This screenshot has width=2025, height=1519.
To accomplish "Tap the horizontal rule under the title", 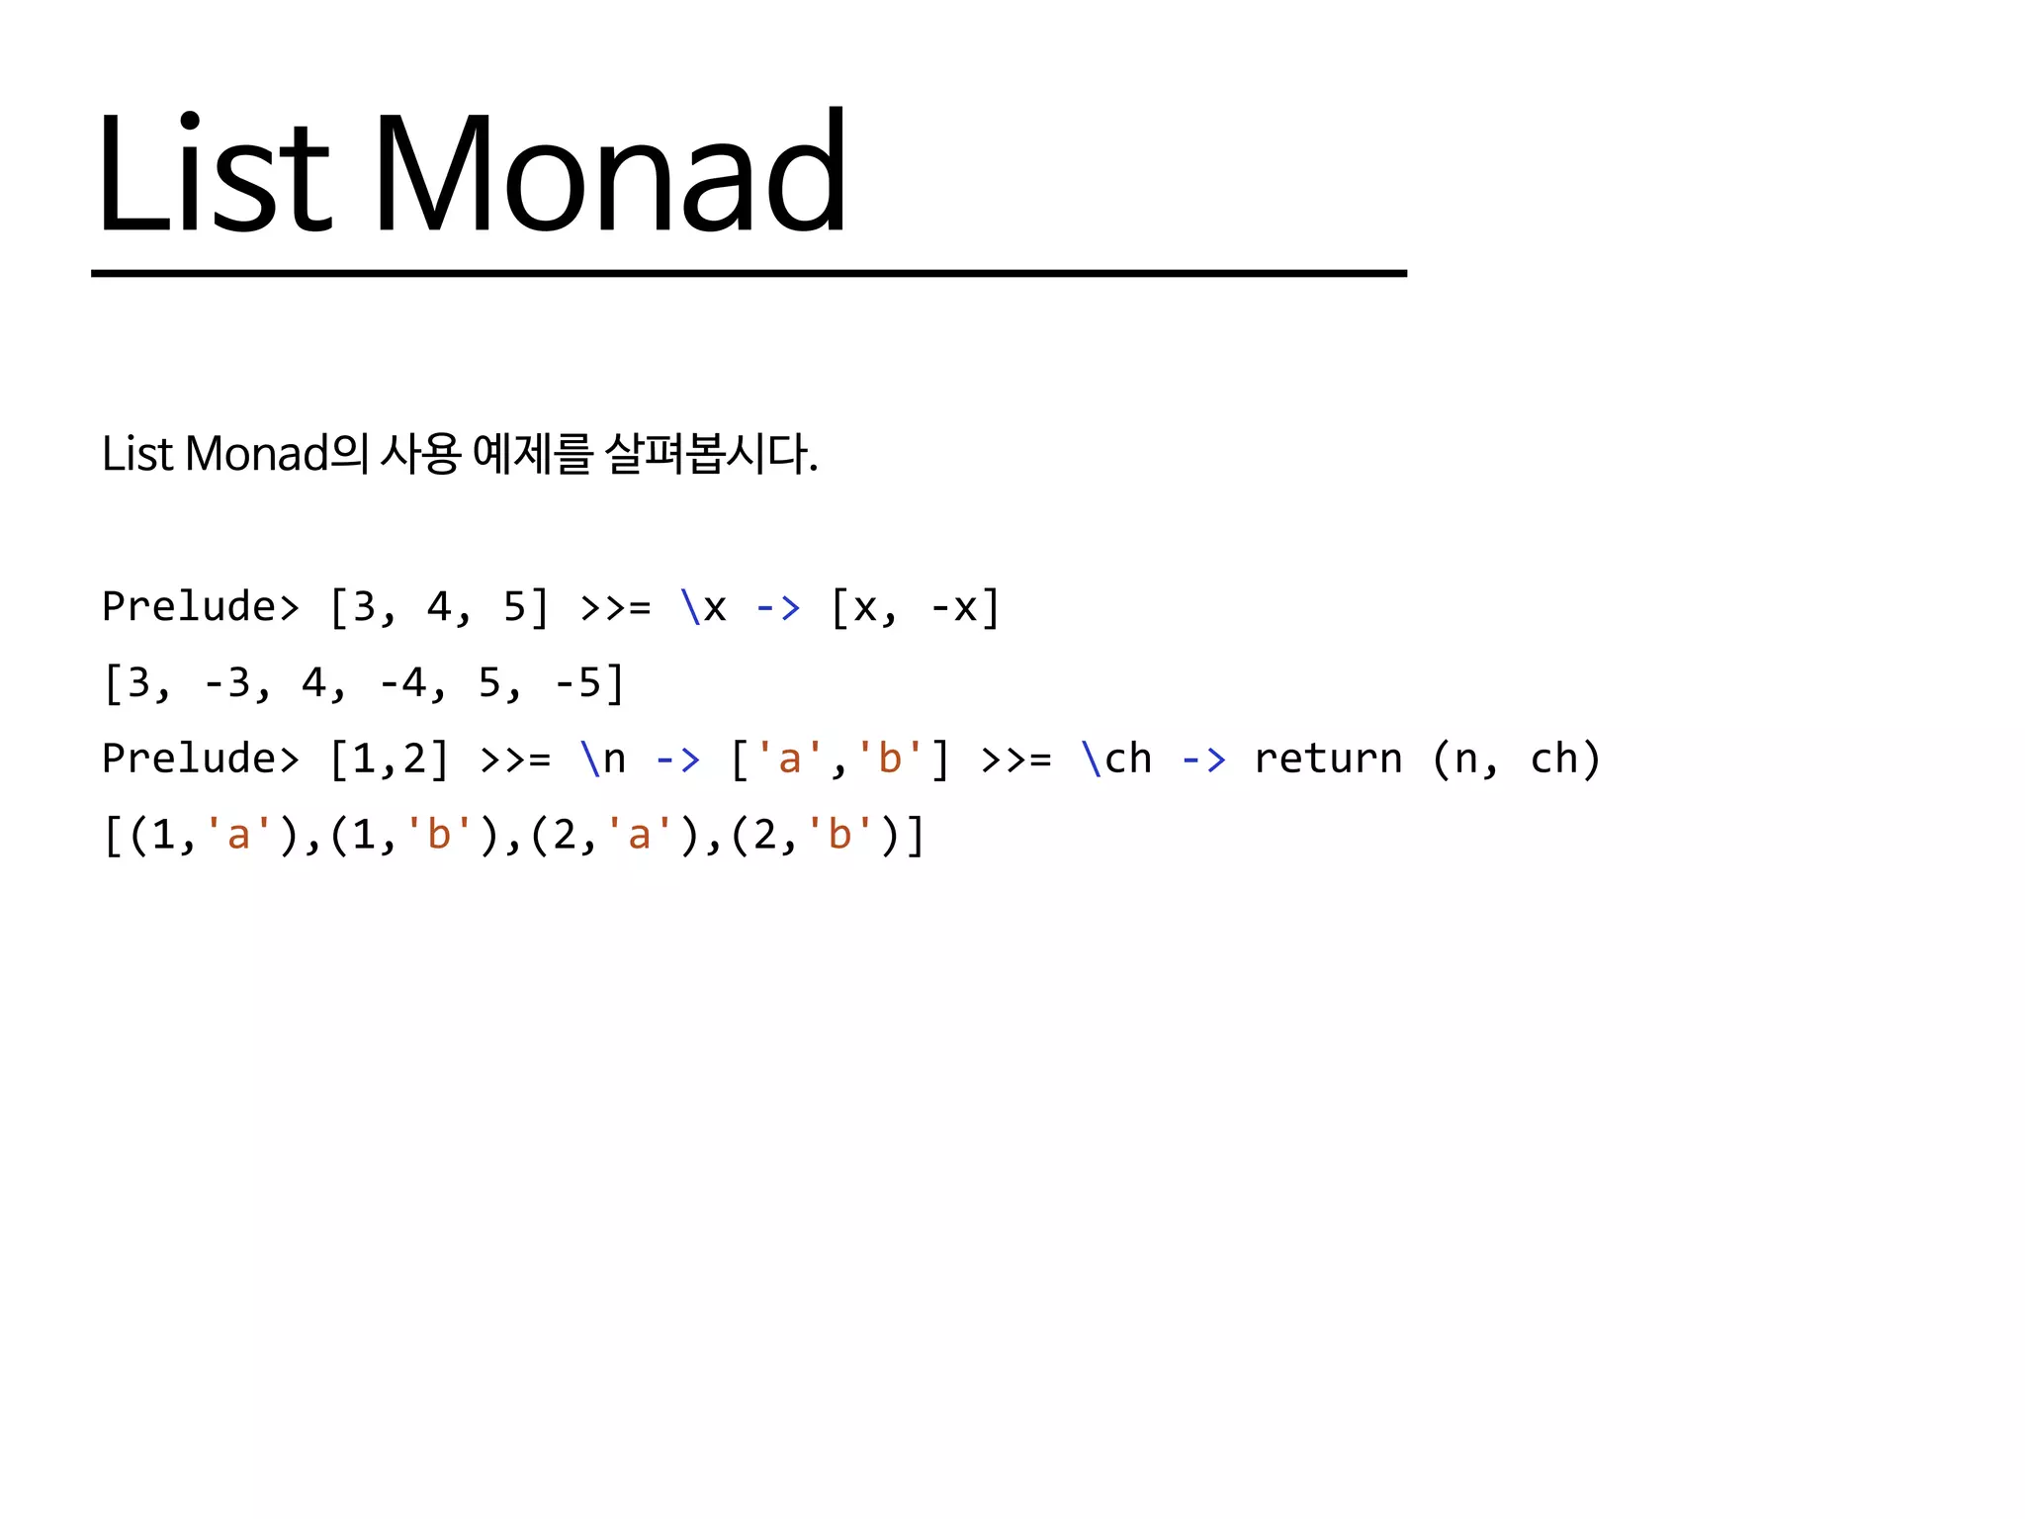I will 748,273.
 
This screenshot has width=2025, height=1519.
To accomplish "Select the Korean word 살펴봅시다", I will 711,455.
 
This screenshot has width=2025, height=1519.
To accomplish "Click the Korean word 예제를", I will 532,455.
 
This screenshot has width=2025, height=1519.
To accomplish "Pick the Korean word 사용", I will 421,455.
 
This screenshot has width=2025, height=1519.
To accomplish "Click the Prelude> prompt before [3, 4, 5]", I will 201,606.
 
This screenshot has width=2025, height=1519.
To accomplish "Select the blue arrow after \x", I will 777,606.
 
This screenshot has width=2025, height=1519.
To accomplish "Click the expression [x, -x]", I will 915,606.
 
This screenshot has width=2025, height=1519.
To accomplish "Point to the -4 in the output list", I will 402,682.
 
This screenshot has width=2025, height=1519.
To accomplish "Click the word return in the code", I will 1328,759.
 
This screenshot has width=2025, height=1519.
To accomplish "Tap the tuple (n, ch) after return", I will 1516,759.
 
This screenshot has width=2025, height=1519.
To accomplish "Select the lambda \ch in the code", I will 1117,759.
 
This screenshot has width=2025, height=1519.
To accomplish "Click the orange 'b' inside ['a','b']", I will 890,759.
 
